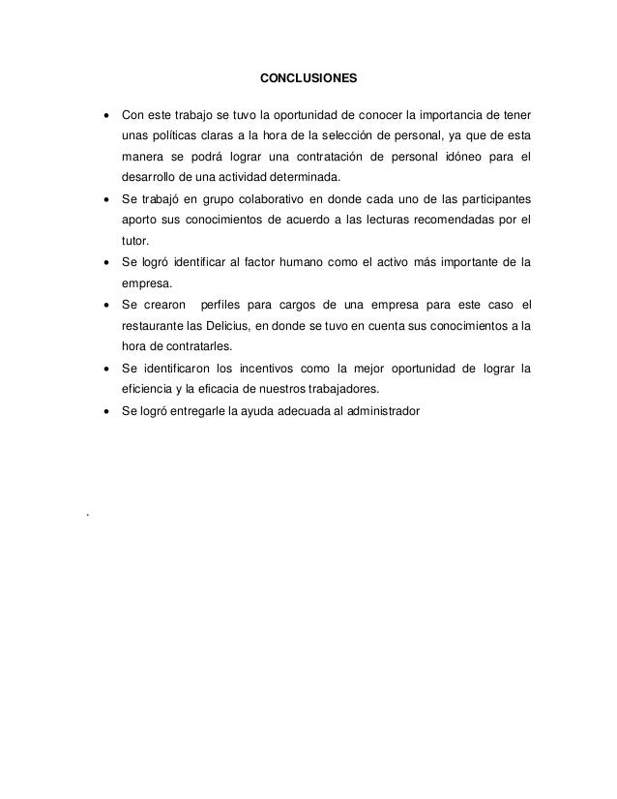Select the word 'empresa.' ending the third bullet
pyautogui.click(x=147, y=283)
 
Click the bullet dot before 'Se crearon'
pyautogui.click(x=104, y=305)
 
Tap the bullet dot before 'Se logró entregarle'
pyautogui.click(x=104, y=411)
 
